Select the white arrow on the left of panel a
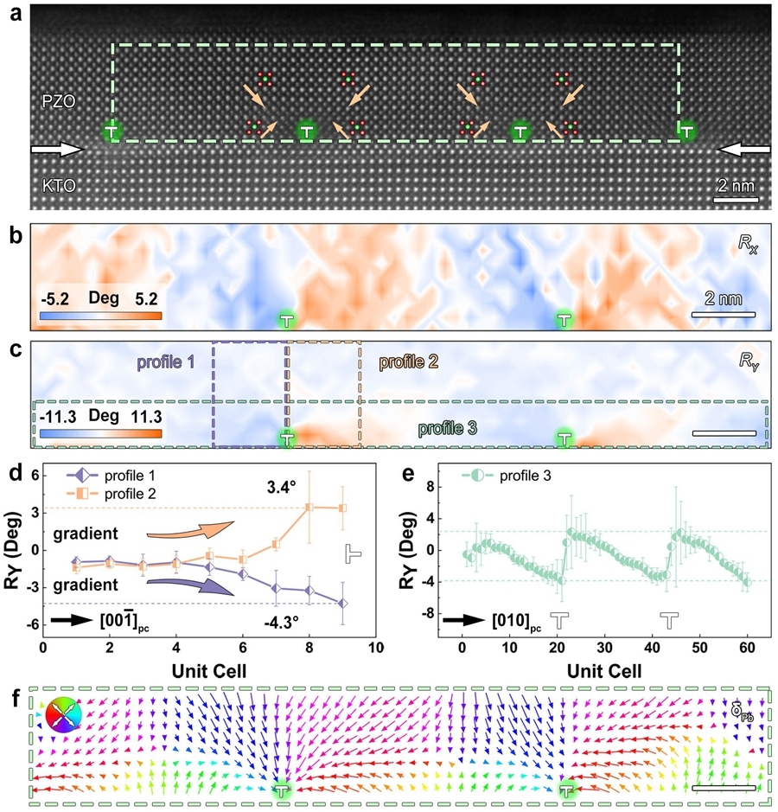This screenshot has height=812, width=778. [x=57, y=150]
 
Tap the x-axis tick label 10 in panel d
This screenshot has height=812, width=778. [x=374, y=647]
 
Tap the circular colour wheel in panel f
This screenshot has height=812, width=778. [x=65, y=714]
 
